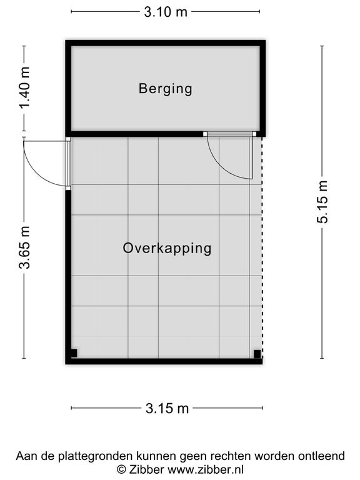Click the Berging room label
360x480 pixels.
pos(165,89)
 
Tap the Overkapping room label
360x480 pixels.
pos(167,248)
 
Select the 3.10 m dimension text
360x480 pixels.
pos(166,12)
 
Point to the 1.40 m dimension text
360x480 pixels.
pos(25,88)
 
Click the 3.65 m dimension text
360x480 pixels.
pos(25,247)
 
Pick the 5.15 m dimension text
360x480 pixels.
pos(322,202)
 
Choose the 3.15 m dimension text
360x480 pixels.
pos(167,408)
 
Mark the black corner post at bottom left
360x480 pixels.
pos(74,353)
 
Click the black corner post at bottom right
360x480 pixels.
pos(257,354)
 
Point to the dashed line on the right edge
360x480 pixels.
pos(262,247)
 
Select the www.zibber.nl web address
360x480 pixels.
pos(206,469)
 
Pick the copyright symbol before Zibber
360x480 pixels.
pos(121,469)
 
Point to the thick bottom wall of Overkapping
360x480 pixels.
pos(164,361)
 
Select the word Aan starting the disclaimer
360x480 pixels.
pos(26,456)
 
